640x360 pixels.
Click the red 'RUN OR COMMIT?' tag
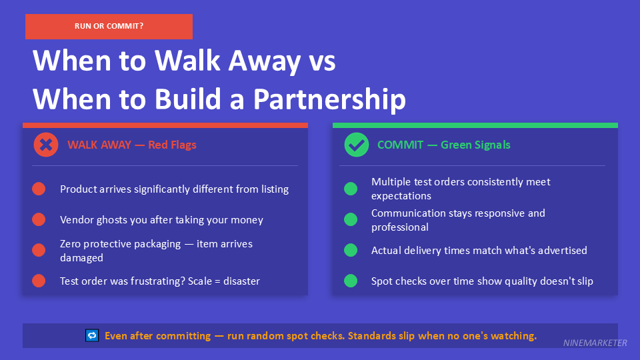(109, 27)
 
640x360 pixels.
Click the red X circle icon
(46, 145)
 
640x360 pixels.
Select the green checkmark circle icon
(356, 145)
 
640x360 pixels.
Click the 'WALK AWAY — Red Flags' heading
(131, 145)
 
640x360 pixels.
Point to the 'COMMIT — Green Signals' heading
(443, 145)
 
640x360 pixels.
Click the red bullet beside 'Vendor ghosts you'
(39, 219)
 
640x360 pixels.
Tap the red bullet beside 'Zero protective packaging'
(39, 250)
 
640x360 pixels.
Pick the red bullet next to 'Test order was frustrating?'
(39, 281)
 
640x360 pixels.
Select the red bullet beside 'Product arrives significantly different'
(39, 189)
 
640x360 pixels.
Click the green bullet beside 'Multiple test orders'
(351, 189)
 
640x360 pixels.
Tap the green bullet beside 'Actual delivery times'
(351, 250)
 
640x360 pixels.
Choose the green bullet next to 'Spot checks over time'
(351, 281)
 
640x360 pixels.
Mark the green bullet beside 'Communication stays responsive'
(351, 219)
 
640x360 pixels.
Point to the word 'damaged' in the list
(81, 257)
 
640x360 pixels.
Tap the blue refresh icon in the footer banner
(92, 335)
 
